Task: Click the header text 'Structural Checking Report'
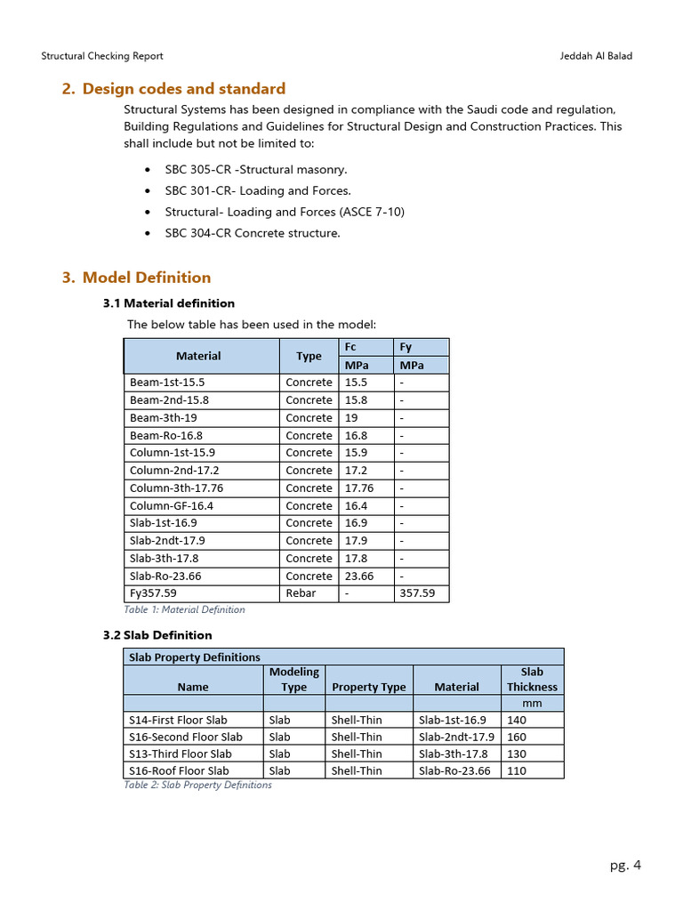102,56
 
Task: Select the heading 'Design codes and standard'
184,89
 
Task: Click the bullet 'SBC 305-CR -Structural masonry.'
256,169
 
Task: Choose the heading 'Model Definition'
147,278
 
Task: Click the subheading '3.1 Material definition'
169,303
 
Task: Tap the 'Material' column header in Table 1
198,356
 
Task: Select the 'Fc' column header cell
350,347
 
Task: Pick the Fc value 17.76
359,488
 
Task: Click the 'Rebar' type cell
301,593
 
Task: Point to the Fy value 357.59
417,593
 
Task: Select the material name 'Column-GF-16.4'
172,506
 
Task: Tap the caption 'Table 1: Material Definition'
184,610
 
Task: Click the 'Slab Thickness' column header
532,680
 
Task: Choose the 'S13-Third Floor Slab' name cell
181,754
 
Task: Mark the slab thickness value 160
517,737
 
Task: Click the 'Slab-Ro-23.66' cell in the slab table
454,771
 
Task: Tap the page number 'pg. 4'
625,866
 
